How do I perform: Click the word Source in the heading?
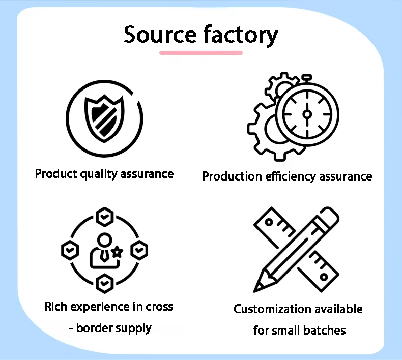point(160,35)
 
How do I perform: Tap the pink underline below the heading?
point(201,52)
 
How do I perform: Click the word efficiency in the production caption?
point(291,176)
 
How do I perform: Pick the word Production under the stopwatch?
point(232,176)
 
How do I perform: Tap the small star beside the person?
point(118,251)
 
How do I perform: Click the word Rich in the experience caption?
point(55,307)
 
